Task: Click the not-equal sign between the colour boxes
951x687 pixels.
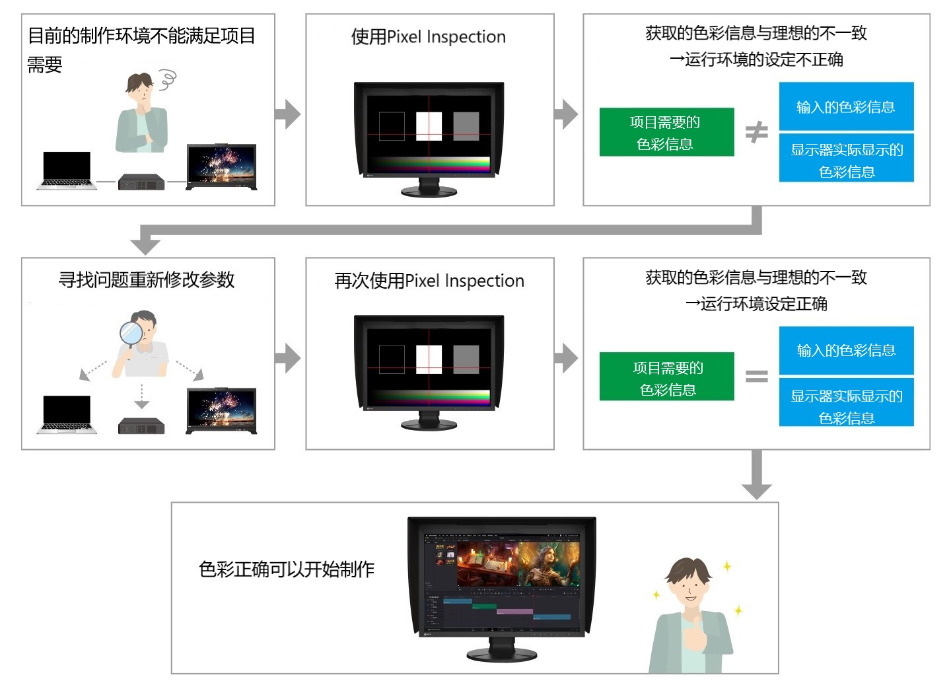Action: click(756, 132)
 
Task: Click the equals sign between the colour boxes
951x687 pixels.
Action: click(756, 377)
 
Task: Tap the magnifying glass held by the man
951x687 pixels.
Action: click(133, 332)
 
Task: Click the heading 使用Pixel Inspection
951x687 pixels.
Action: click(429, 37)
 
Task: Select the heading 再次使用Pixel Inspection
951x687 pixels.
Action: click(429, 281)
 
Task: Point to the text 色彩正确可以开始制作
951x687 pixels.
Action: click(287, 569)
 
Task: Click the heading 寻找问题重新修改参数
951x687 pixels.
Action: click(147, 280)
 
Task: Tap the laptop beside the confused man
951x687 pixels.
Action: click(67, 170)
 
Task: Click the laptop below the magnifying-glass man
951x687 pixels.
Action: click(67, 415)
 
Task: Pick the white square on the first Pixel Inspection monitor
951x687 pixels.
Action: click(429, 126)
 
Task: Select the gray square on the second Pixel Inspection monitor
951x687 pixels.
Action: click(466, 359)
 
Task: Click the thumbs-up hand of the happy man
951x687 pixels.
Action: click(693, 638)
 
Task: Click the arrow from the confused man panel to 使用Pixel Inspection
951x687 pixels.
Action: click(288, 114)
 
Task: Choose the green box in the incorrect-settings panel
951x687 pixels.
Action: click(666, 132)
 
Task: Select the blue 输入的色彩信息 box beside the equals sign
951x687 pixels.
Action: click(846, 350)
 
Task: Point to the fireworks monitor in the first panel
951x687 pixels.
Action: click(221, 165)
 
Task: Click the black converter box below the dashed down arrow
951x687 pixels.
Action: click(141, 426)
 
